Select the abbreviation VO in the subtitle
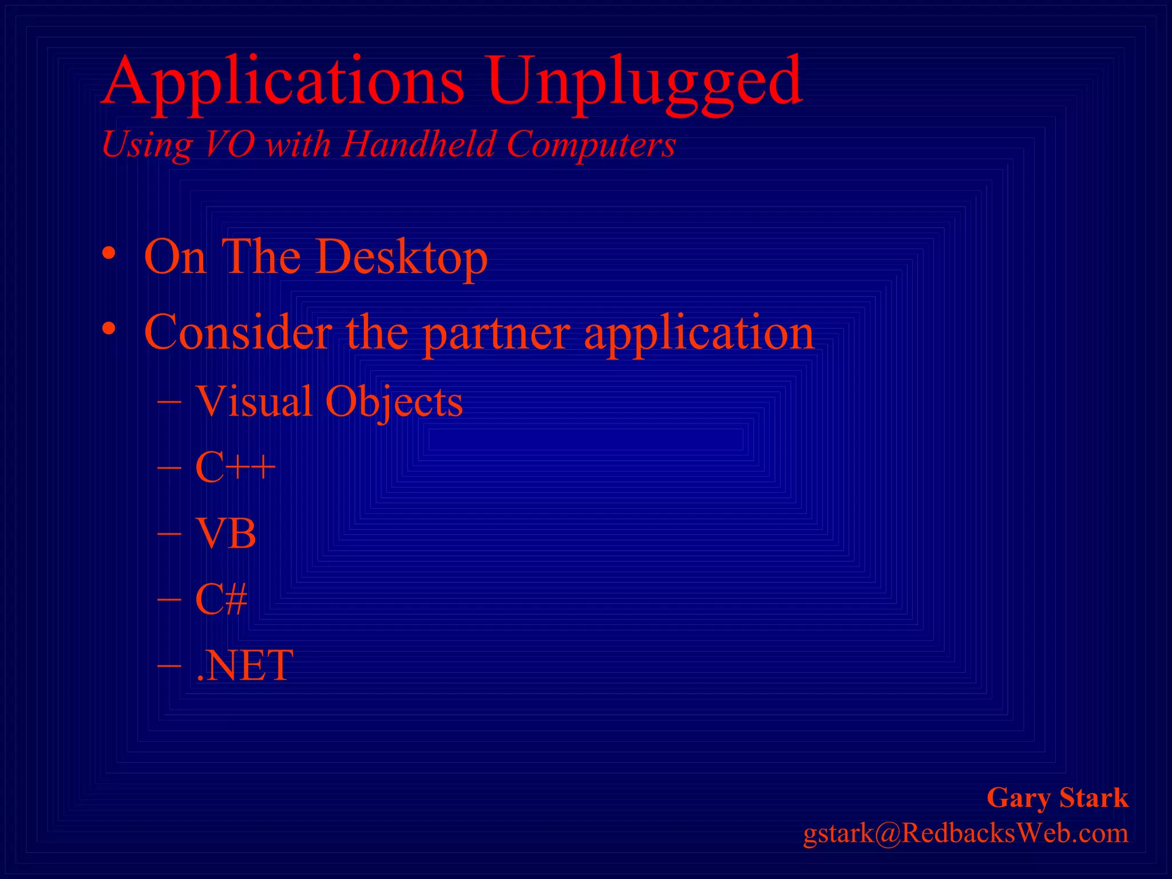[229, 144]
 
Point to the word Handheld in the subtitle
[418, 144]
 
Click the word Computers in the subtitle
[591, 144]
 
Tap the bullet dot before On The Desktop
[109, 254]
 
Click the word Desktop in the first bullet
[401, 257]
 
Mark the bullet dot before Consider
[109, 330]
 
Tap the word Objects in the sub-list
[394, 402]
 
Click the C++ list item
[235, 468]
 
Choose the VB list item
[225, 533]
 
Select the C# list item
[221, 599]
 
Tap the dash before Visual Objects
[169, 402]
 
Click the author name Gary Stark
[1058, 798]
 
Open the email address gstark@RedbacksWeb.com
[966, 833]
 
